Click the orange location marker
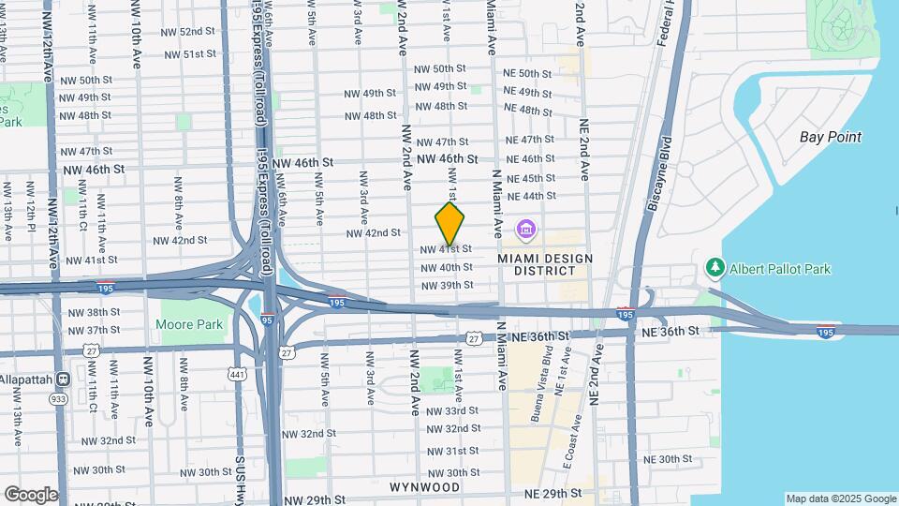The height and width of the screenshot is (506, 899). (x=449, y=224)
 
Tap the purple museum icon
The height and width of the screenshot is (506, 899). (x=526, y=229)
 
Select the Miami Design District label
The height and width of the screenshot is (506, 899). (x=537, y=263)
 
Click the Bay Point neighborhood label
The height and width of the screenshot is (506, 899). (x=830, y=137)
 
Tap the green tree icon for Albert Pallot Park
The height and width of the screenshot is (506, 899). (x=716, y=269)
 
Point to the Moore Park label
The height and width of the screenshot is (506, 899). (x=188, y=325)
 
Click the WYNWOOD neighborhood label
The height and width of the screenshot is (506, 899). (x=424, y=487)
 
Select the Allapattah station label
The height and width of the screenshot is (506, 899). (x=31, y=379)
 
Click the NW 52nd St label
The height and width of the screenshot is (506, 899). (x=191, y=31)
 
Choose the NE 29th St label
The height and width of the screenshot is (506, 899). (x=553, y=493)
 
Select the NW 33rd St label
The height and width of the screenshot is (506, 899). (x=451, y=410)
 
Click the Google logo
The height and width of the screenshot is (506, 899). (x=30, y=495)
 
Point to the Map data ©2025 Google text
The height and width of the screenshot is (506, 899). (x=841, y=499)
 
